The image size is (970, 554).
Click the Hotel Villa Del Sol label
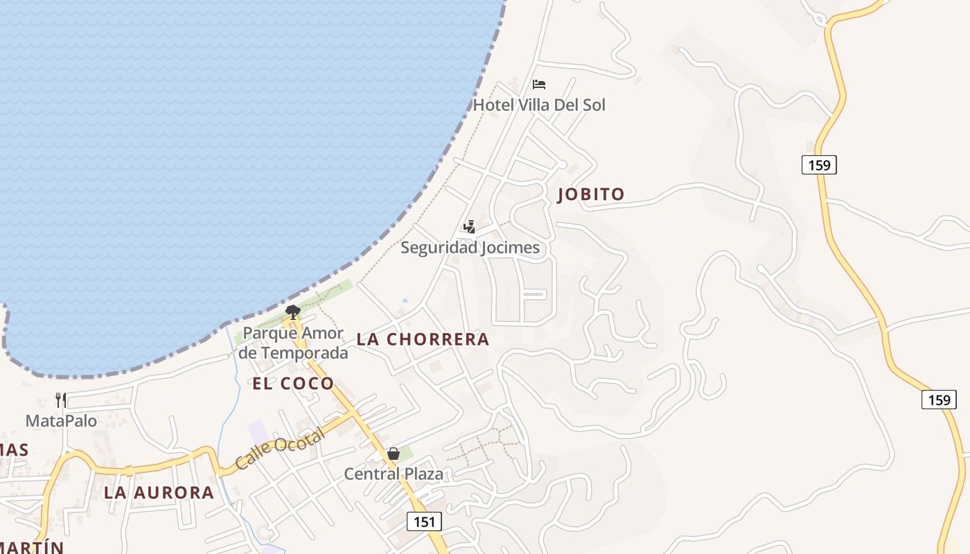pos(538,105)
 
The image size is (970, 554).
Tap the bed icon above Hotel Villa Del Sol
pos(539,84)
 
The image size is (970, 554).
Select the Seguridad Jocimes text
pos(470,247)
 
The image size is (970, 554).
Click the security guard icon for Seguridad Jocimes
pos(469,226)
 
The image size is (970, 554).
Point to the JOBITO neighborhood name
pos(591,195)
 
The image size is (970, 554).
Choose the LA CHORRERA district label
pos(423,339)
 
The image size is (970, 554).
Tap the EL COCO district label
pos(293,383)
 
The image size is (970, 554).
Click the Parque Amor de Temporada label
pos(294,343)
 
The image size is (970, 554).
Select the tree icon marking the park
pos(293,312)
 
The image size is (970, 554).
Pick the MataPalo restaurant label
pos(61,420)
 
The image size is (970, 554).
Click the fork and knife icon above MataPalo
pos(61,400)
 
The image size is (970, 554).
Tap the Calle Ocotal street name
pos(279,449)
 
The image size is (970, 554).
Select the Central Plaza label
pos(394,474)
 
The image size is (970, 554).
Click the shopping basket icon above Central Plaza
pos(394,454)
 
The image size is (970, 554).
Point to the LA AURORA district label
pos(159,492)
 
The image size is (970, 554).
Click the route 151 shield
pos(423,521)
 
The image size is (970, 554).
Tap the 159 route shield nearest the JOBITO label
pos(819,165)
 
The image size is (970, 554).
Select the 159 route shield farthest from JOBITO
pos(939,400)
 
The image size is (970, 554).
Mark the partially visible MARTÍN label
pos(31,547)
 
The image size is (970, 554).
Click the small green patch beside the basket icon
pos(407,454)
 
